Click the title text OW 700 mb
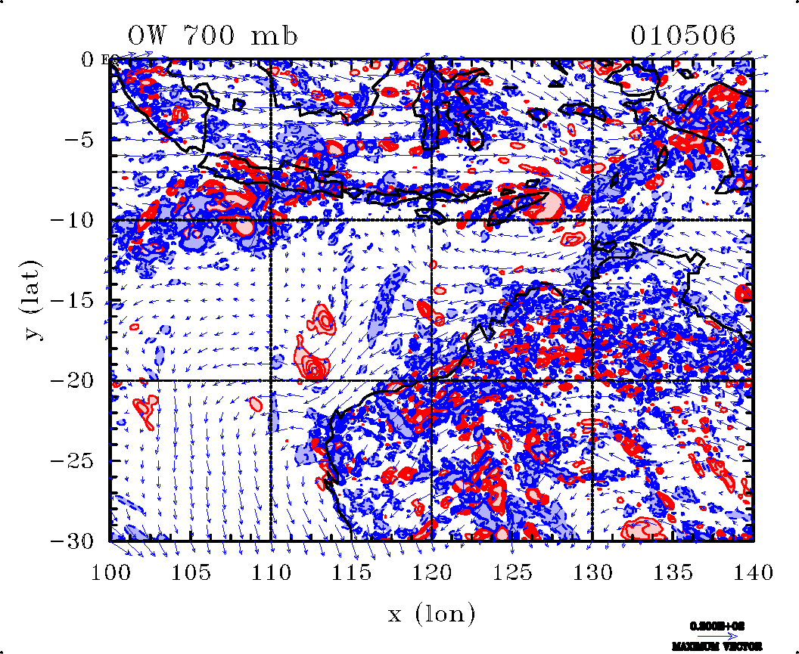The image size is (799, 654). pyautogui.click(x=213, y=36)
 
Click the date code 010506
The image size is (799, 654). pyautogui.click(x=683, y=36)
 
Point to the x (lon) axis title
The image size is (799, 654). pyautogui.click(x=431, y=614)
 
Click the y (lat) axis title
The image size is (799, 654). pyautogui.click(x=34, y=300)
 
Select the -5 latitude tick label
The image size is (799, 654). pyautogui.click(x=80, y=140)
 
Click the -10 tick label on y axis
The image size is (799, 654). pyautogui.click(x=74, y=220)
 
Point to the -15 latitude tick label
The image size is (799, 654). pyautogui.click(x=74, y=300)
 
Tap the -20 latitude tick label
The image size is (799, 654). pyautogui.click(x=74, y=380)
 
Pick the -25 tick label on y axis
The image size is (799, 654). pyautogui.click(x=74, y=460)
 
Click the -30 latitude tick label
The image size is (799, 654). pyautogui.click(x=74, y=541)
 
